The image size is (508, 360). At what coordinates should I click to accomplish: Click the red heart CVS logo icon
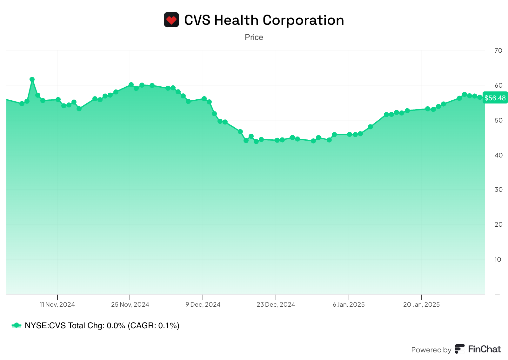click(x=171, y=20)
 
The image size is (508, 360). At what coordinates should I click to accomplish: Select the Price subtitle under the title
click(x=254, y=37)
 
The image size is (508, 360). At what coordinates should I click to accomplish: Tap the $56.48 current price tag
click(x=495, y=98)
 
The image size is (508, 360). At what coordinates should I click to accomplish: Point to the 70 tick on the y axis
click(x=498, y=50)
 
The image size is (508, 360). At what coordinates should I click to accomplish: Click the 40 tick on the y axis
click(x=498, y=155)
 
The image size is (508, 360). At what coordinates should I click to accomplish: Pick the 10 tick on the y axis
click(x=498, y=259)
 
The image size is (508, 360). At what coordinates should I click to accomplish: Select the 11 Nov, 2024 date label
click(x=57, y=305)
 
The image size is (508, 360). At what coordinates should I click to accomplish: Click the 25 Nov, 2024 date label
click(x=130, y=305)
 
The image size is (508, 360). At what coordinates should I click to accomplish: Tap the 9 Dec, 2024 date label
click(x=203, y=305)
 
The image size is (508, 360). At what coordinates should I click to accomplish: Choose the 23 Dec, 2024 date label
click(x=276, y=305)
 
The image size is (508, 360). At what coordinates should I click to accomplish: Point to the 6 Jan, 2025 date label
click(x=349, y=305)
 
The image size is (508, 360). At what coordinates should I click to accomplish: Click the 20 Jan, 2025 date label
click(x=421, y=305)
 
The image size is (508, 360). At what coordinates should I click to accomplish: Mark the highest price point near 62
click(x=32, y=79)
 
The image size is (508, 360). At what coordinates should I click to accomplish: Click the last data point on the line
click(x=480, y=97)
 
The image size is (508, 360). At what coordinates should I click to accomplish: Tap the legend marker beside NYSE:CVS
click(x=17, y=325)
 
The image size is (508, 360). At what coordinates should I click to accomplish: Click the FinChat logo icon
click(x=460, y=349)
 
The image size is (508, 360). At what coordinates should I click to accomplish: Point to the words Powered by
click(x=431, y=350)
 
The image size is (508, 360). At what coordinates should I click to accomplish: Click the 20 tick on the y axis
click(x=498, y=224)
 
